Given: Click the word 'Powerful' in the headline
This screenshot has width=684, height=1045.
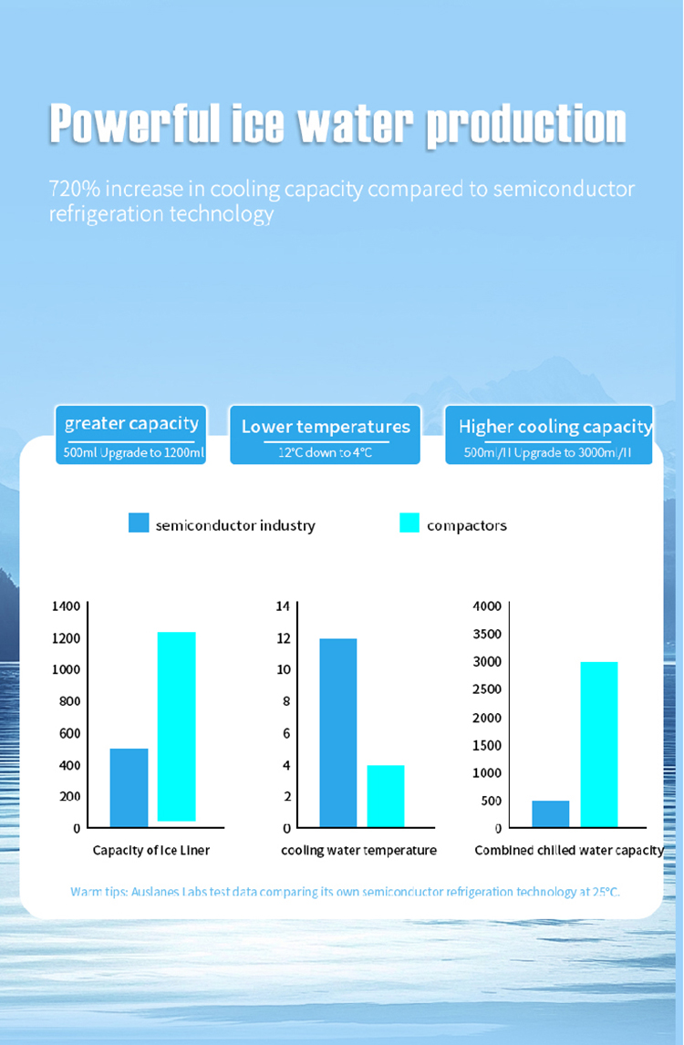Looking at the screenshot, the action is pos(135,123).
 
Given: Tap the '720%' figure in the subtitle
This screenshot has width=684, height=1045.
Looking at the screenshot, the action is pos(74,189).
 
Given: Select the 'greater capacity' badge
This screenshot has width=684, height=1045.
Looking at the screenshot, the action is pos(130,435).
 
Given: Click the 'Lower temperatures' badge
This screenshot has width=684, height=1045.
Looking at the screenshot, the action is pos(326,435).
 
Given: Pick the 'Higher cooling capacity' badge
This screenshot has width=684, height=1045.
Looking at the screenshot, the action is pos(549,435).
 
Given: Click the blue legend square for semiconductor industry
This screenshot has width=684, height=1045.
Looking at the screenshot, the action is pos(139,522).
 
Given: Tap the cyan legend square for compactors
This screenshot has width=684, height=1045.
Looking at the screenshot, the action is pos(409,522).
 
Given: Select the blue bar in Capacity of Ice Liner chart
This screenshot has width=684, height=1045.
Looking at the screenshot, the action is pos(129,788).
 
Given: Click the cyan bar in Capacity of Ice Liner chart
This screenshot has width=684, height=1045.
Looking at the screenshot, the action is pos(177,727).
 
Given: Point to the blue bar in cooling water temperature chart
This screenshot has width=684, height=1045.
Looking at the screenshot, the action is pos(338,733).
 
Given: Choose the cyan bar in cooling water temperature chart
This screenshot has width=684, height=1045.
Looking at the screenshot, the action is pos(386,796).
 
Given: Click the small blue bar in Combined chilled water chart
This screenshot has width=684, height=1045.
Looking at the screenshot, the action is pos(551,813).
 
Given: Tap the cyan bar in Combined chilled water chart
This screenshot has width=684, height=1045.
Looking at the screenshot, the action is pos(599,744).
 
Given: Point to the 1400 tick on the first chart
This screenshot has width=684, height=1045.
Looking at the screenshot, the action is pos(66,605).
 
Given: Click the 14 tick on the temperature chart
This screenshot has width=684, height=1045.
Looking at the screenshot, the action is pos(284,605).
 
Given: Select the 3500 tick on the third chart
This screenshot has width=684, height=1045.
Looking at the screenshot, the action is pos(487,634).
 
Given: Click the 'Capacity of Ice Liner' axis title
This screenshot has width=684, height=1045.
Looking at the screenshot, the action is pos(151,851).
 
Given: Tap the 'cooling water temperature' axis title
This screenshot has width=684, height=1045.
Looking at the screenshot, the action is pos(358,851).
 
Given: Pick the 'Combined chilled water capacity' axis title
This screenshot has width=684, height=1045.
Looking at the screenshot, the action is pos(569,851).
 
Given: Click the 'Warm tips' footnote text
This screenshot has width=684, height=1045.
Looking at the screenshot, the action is pos(346,892).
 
